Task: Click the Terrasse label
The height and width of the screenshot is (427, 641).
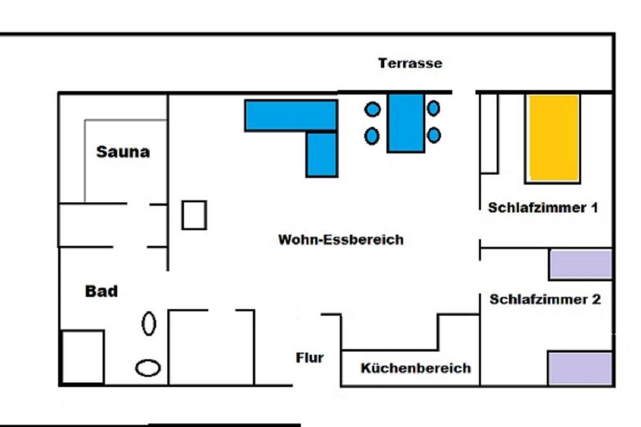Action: coord(410,63)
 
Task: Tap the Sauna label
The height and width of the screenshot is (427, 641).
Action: coord(123,152)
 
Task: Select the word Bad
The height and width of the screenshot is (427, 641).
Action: coord(101,291)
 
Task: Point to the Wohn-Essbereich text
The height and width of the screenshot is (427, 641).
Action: coord(341,240)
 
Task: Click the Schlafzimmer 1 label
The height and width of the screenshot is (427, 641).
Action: coord(543,208)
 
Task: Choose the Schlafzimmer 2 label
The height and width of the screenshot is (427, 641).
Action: coord(545,299)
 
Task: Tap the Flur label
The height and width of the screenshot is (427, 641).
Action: coord(310,358)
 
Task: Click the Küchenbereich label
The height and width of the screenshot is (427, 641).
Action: coord(415,368)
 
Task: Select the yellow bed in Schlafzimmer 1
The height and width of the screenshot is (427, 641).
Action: coord(554,138)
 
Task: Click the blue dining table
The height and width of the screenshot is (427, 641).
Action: coord(406,122)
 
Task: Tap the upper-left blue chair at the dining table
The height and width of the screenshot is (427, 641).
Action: coord(372,110)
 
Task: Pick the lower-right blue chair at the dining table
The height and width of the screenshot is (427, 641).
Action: coord(434,135)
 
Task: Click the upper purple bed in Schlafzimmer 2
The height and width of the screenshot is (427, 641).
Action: coord(581,264)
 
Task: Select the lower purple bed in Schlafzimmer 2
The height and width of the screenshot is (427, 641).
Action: coord(580,367)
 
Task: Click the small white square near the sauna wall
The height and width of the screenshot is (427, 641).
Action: coord(194,215)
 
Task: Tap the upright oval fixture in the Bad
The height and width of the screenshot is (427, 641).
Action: coord(149,323)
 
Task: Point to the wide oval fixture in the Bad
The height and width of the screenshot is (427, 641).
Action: coord(148,367)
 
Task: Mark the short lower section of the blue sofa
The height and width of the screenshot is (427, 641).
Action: coord(322,154)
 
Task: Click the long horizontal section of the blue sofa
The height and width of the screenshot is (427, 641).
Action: coord(291,115)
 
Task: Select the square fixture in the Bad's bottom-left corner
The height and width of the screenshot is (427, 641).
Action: coord(82,357)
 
